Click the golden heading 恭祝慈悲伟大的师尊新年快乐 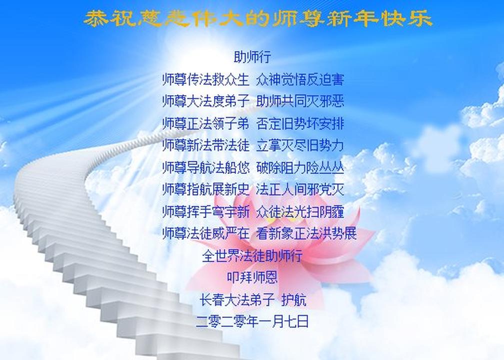click(x=258, y=18)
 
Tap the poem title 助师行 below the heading click(x=252, y=57)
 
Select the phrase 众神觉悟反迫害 click(x=300, y=79)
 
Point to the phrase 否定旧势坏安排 click(x=300, y=124)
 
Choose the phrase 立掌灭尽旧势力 click(x=300, y=145)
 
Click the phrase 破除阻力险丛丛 click(x=300, y=167)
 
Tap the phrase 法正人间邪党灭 click(x=300, y=189)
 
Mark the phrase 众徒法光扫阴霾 click(x=300, y=211)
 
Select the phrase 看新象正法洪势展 click(x=306, y=233)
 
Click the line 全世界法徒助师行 click(x=252, y=255)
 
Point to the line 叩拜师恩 click(x=252, y=277)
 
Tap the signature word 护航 click(x=294, y=299)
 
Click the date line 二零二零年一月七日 click(x=252, y=321)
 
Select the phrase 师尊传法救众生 click(x=205, y=79)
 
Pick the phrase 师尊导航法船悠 click(x=205, y=167)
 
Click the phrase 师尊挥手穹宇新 click(x=205, y=211)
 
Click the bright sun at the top click(x=180, y=48)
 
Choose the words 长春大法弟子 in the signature click(x=236, y=299)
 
